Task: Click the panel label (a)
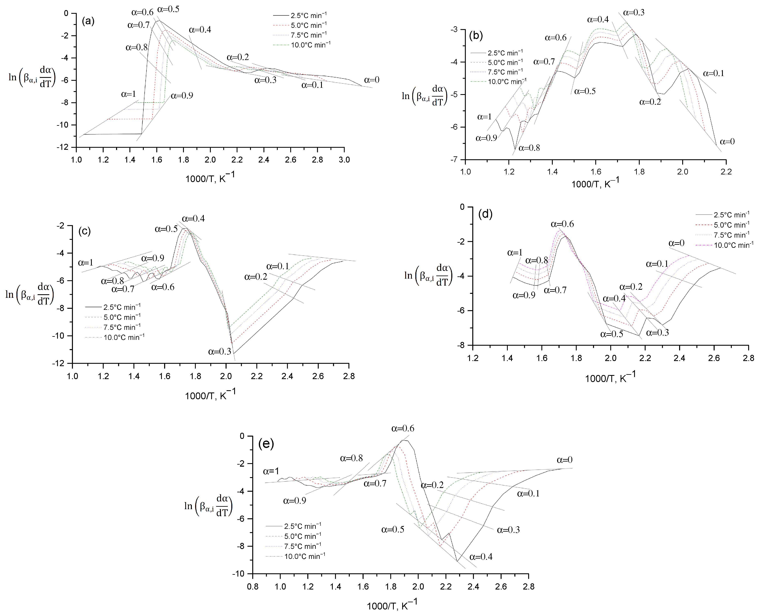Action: tap(88, 21)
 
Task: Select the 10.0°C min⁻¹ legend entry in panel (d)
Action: tap(733, 245)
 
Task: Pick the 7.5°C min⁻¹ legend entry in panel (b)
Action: tap(505, 72)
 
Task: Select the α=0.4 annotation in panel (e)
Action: tap(481, 557)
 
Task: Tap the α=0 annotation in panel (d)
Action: tap(676, 243)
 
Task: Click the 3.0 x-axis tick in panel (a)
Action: tap(344, 160)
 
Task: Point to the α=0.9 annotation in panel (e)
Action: tap(294, 501)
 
